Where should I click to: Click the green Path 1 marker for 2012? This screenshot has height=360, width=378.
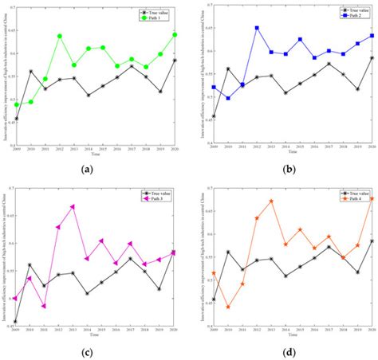pos(59,36)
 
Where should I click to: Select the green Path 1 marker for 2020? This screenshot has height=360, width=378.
pos(175,35)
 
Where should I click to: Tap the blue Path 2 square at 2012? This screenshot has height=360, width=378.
pos(256,28)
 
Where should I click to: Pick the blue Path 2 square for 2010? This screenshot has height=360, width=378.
pos(227,98)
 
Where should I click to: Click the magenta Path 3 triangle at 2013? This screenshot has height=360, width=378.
pos(73,206)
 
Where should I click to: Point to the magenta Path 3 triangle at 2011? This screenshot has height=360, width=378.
pos(44,306)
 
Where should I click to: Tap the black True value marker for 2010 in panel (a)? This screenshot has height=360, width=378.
pos(30,72)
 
